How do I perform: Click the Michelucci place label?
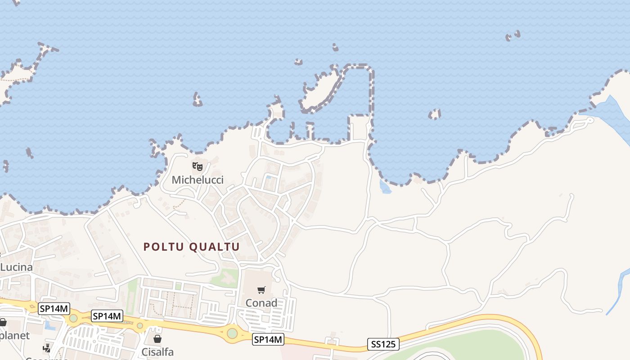(x=198, y=180)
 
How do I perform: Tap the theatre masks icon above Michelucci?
(x=197, y=166)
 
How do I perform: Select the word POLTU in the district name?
(x=162, y=247)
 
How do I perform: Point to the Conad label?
(x=261, y=303)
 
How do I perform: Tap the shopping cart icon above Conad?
(x=261, y=290)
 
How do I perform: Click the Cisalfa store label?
(x=157, y=351)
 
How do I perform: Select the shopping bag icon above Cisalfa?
(x=157, y=339)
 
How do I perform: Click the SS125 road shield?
(x=383, y=344)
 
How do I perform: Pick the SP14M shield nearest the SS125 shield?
(x=268, y=340)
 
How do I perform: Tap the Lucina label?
(x=16, y=267)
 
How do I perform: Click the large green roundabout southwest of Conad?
(x=232, y=333)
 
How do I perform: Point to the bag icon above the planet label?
(x=3, y=322)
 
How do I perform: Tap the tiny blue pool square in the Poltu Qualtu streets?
(x=268, y=177)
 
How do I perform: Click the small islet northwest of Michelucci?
(x=197, y=99)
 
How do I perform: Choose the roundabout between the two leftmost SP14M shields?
(x=73, y=318)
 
